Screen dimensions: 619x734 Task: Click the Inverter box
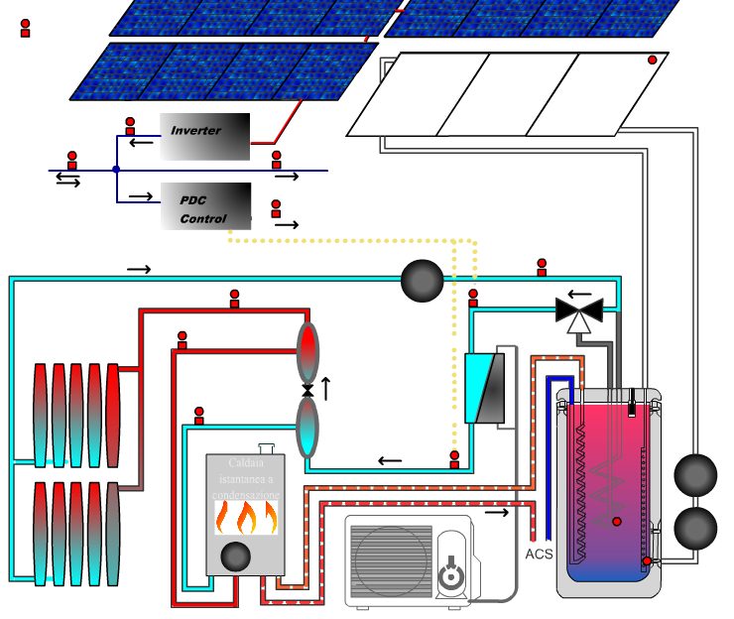click(x=205, y=137)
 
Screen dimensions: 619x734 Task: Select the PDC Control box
click(x=205, y=206)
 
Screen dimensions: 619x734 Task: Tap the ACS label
click(x=539, y=554)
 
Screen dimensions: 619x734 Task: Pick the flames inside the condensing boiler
click(x=246, y=518)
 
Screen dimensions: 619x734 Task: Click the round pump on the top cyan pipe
click(x=423, y=282)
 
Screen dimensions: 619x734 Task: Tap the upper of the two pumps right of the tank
click(x=695, y=475)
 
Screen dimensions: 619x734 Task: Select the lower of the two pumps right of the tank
click(x=695, y=529)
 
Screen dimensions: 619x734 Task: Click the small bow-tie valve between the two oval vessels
click(x=307, y=392)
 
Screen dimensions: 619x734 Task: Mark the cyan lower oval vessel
click(x=308, y=429)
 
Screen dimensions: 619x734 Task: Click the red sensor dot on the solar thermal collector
click(x=653, y=61)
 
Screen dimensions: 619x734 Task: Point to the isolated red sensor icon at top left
click(x=26, y=28)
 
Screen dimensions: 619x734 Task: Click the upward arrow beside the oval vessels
click(x=325, y=388)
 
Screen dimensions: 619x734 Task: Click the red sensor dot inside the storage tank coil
click(x=617, y=522)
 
